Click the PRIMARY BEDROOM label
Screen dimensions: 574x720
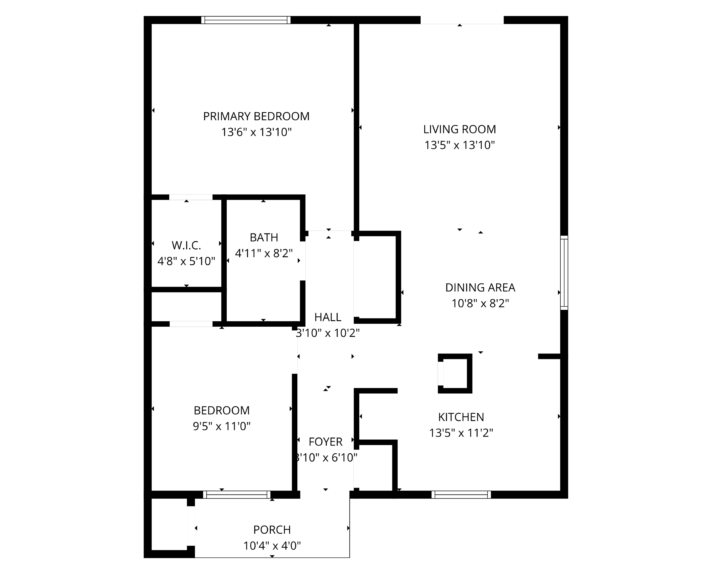point(256,116)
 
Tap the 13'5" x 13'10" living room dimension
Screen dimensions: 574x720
point(459,145)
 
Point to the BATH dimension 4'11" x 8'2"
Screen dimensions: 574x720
point(264,253)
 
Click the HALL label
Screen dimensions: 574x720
point(327,317)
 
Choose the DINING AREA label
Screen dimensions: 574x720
point(480,287)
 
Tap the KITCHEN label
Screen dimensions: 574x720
point(461,417)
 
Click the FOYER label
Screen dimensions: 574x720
point(325,442)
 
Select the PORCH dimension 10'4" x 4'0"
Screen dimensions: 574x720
point(272,546)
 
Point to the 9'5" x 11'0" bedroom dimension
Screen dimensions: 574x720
point(221,426)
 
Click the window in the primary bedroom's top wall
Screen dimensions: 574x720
point(246,20)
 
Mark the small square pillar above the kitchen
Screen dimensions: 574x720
point(455,373)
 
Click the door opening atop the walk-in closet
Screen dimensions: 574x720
point(191,197)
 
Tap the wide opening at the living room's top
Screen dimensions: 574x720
point(461,20)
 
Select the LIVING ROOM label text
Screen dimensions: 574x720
point(459,129)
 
